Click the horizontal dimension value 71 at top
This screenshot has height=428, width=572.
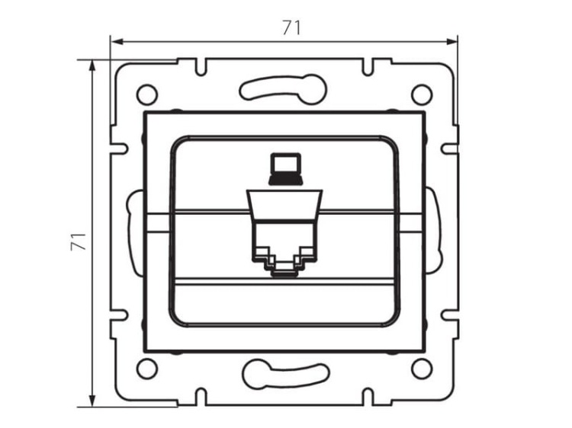tap(291, 27)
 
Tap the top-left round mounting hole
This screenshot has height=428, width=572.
tap(146, 94)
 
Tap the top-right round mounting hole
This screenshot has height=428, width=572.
tap(421, 94)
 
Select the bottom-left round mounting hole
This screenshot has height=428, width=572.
tap(146, 369)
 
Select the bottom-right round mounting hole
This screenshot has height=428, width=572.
tap(421, 369)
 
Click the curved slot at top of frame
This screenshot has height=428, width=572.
tap(283, 88)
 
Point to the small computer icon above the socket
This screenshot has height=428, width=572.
tap(284, 167)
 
